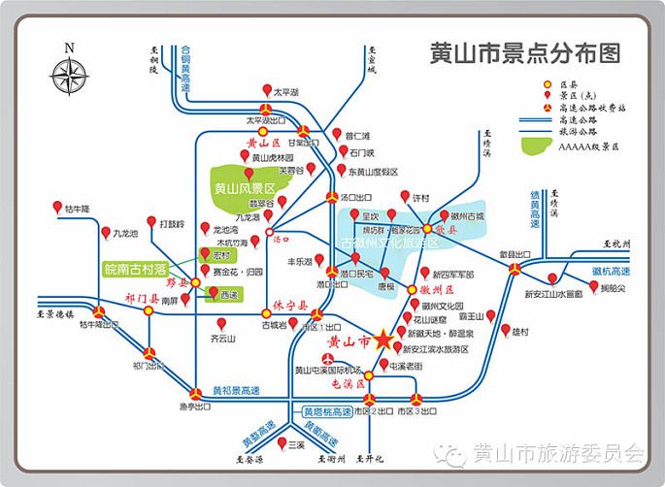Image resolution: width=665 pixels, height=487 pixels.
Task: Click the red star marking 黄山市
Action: (x=382, y=340)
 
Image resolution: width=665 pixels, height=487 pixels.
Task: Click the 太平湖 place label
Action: (x=285, y=92)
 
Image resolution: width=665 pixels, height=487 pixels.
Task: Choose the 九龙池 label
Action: (x=125, y=234)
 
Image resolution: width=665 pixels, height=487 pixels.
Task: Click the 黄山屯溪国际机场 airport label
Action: (x=328, y=371)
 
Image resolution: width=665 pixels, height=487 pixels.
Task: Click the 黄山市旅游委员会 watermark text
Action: (x=557, y=453)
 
